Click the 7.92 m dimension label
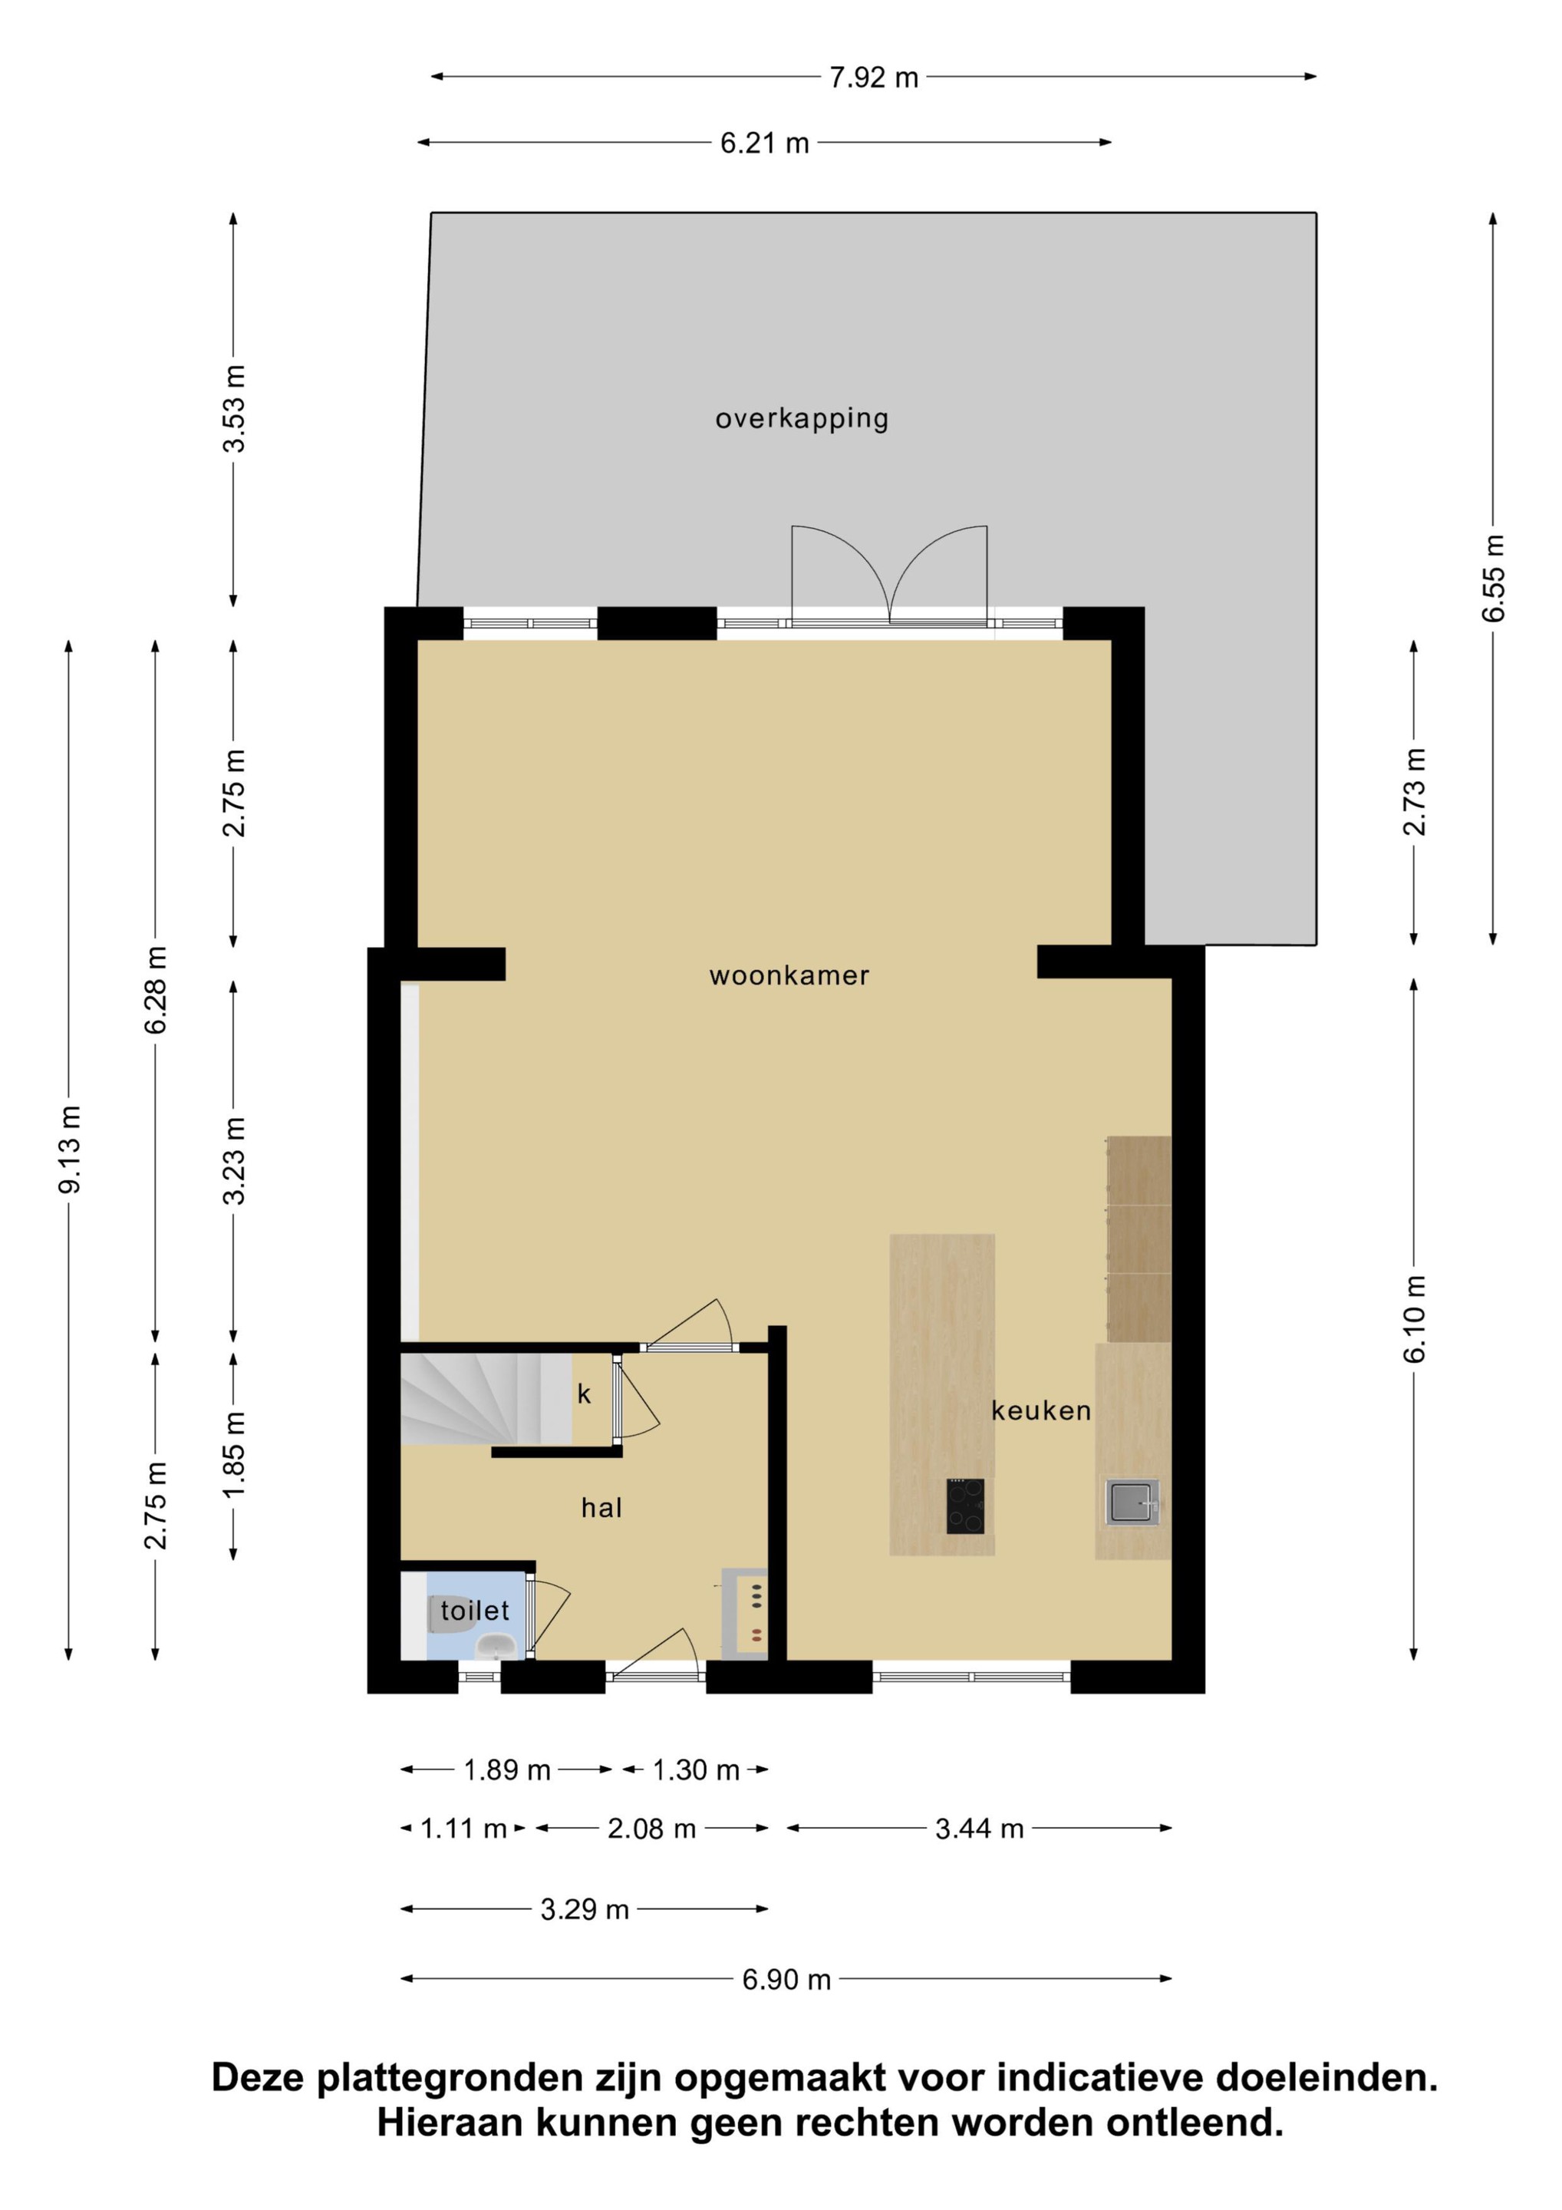874,77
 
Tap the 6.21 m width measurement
764,143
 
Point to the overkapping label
802,419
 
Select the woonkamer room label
789,975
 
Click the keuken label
1041,1410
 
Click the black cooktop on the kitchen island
965,1506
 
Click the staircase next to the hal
486,1399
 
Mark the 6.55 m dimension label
1493,578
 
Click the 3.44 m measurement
979,1828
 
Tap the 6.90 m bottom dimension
786,1979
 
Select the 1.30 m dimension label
696,1770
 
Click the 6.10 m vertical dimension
1414,1318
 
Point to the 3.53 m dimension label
234,408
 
